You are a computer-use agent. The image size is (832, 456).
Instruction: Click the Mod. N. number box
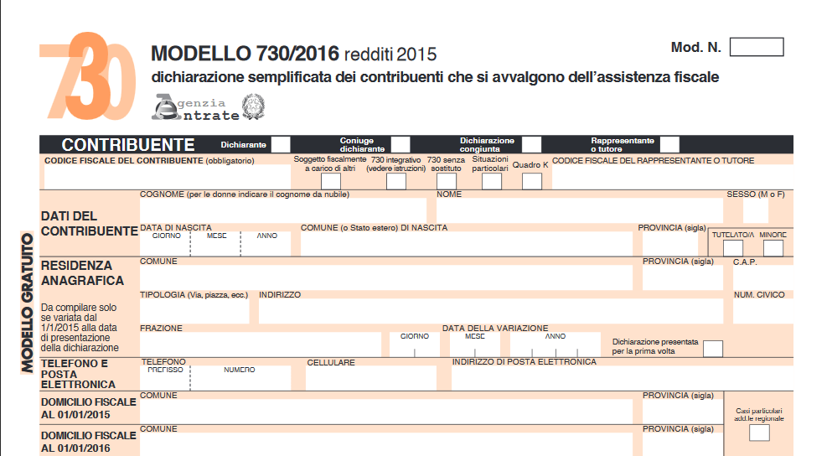(756, 47)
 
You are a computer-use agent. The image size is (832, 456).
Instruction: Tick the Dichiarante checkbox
(281, 144)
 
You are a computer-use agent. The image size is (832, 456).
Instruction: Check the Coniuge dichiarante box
(400, 144)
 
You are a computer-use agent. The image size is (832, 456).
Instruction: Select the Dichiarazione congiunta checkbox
(531, 144)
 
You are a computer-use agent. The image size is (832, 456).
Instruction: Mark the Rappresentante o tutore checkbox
(669, 144)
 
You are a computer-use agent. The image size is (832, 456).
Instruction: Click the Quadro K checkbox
(531, 181)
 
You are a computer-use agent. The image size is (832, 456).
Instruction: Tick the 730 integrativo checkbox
(395, 181)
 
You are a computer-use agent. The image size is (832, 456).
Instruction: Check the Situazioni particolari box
(491, 181)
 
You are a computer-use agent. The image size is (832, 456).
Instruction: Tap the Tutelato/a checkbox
(732, 248)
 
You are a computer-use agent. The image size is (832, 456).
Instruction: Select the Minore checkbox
(773, 248)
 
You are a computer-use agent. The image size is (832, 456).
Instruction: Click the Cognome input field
(283, 211)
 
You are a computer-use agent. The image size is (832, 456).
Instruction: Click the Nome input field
(578, 211)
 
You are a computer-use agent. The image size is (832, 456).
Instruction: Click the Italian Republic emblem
(252, 106)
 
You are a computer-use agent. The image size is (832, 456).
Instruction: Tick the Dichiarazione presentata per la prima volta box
(713, 348)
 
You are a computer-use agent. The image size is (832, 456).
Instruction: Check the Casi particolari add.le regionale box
(759, 433)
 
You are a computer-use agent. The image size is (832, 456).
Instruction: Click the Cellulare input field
(371, 379)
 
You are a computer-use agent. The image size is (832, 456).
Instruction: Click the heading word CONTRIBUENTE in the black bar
(127, 144)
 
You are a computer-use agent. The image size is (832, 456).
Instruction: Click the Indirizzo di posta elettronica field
(620, 379)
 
